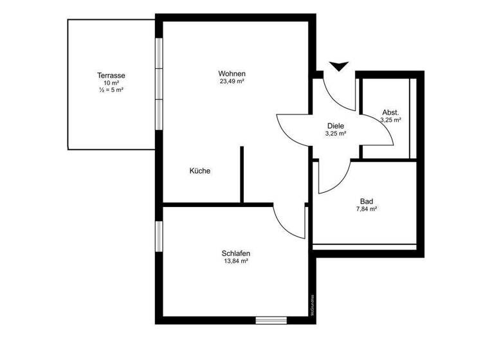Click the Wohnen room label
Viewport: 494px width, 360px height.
[x=232, y=73]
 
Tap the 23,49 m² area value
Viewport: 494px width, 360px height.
[x=232, y=82]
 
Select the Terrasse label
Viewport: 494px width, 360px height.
[x=111, y=75]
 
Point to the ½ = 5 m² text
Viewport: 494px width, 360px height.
[x=111, y=91]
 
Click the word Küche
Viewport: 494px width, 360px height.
[x=199, y=171]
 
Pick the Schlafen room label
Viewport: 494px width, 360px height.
[x=236, y=253]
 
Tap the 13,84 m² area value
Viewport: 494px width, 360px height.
[x=236, y=262]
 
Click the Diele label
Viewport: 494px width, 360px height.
[x=336, y=126]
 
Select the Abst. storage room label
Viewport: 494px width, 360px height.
[x=390, y=112]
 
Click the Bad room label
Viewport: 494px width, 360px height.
[x=367, y=201]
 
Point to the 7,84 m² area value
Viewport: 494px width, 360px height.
[x=367, y=209]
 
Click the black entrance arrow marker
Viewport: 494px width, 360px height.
[x=338, y=66]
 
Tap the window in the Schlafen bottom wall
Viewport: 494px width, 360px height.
[x=271, y=319]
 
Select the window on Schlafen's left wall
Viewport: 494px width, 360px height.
[x=159, y=235]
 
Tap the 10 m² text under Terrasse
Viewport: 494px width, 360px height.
[x=111, y=83]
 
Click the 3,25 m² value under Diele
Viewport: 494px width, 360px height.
[x=336, y=134]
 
